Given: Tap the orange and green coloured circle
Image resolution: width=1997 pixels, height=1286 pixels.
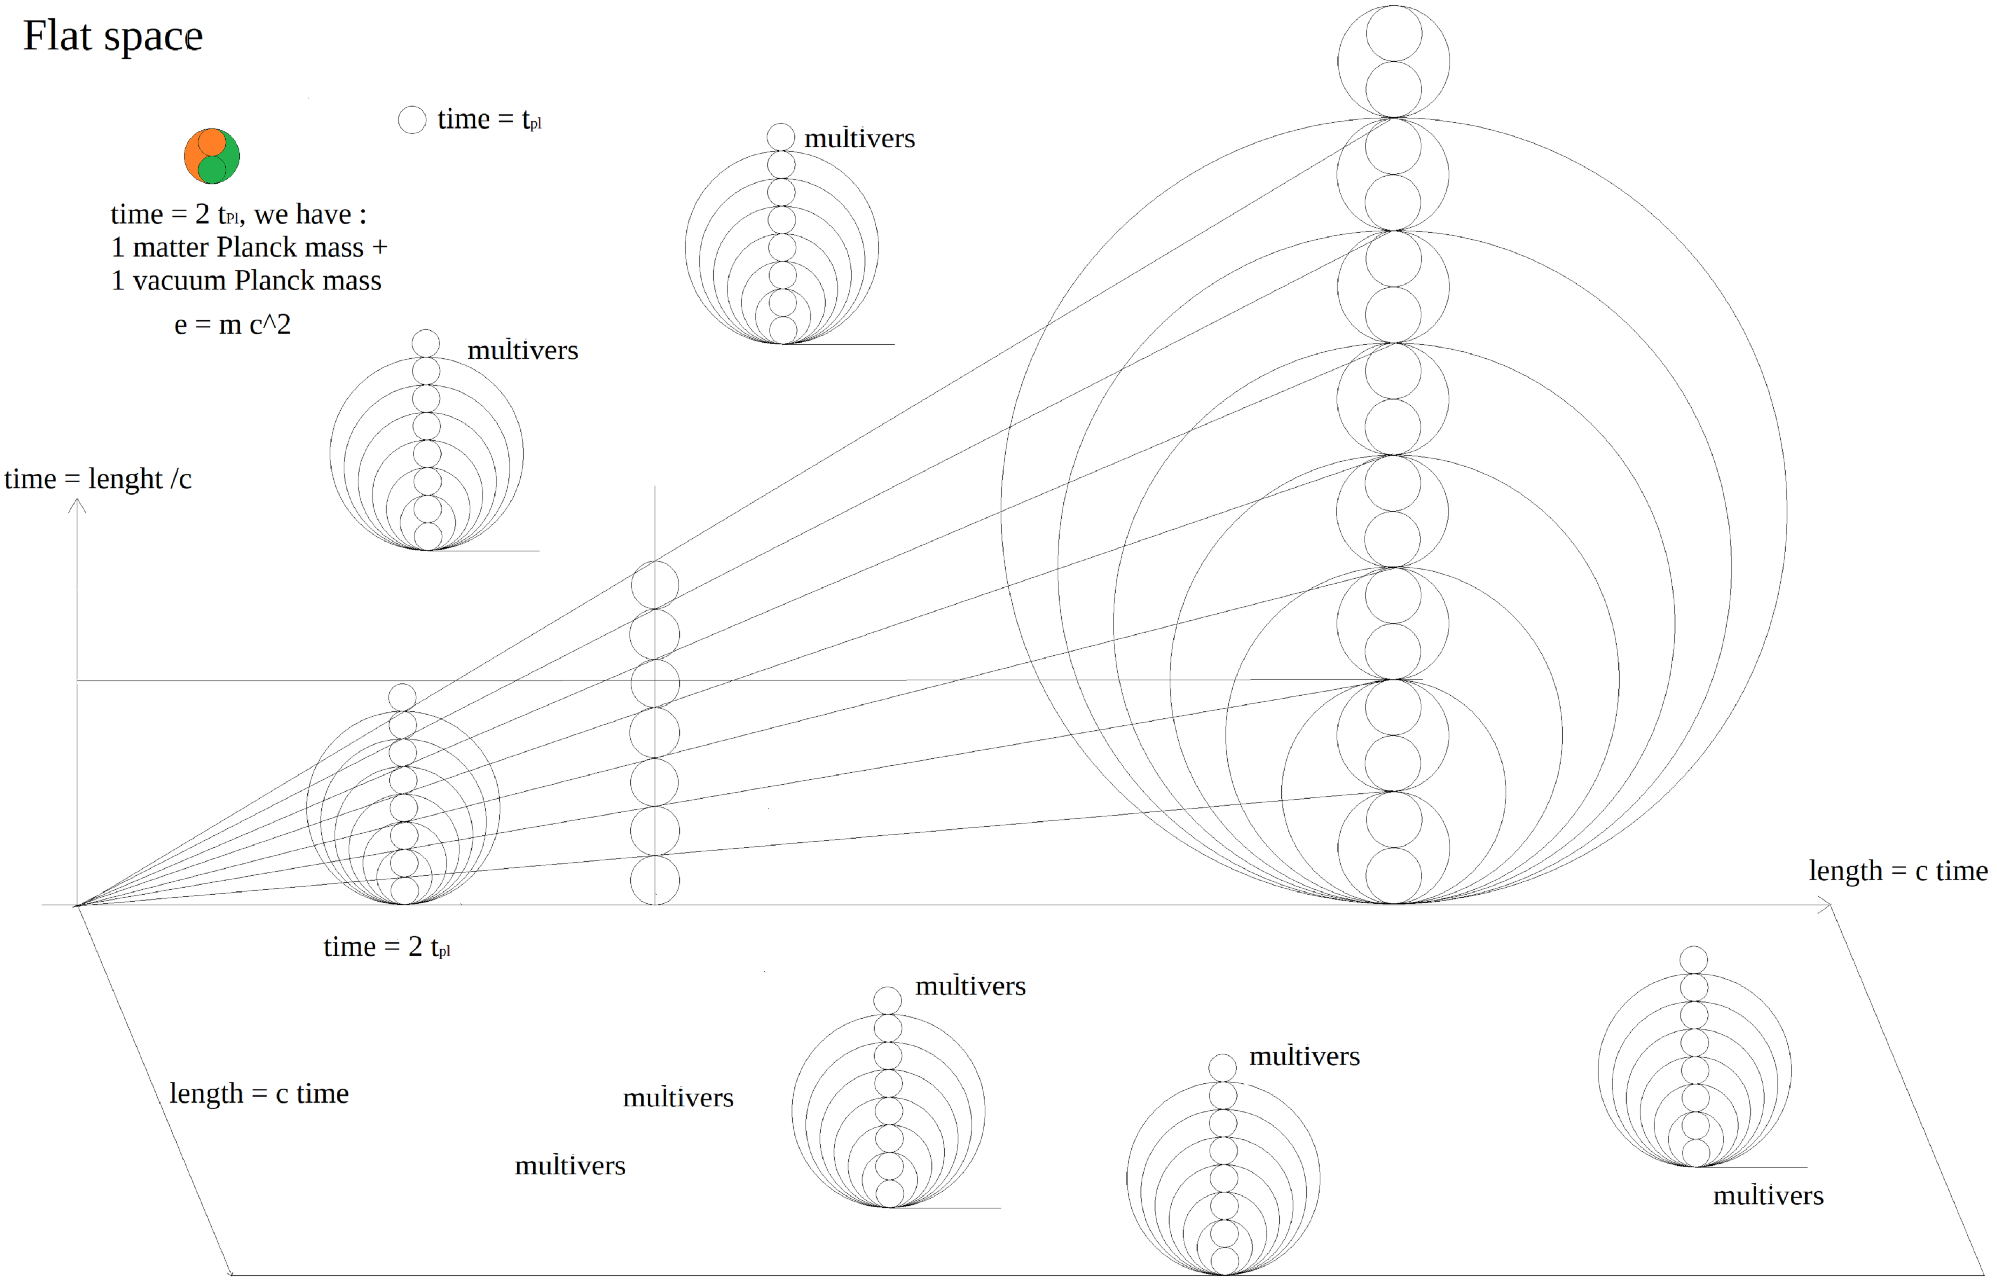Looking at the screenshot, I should pos(212,156).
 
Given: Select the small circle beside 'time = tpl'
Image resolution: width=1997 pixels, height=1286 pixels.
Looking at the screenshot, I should pos(412,120).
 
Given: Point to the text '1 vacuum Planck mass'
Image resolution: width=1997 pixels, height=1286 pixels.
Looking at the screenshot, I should pos(246,281).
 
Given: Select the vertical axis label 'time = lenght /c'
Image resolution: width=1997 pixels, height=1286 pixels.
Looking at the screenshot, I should pos(98,479).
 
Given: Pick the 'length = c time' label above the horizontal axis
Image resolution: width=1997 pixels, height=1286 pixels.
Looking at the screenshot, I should pos(1897,871).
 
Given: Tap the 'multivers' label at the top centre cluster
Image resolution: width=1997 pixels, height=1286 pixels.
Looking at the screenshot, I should pos(859,138).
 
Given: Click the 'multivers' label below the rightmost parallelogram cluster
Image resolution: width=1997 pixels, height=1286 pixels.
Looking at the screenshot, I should pos(1768,1196).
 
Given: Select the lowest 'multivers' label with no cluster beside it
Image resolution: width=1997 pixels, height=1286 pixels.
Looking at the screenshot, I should pos(570,1166).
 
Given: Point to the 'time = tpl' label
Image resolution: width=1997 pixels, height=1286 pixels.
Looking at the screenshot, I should pos(490,120).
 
